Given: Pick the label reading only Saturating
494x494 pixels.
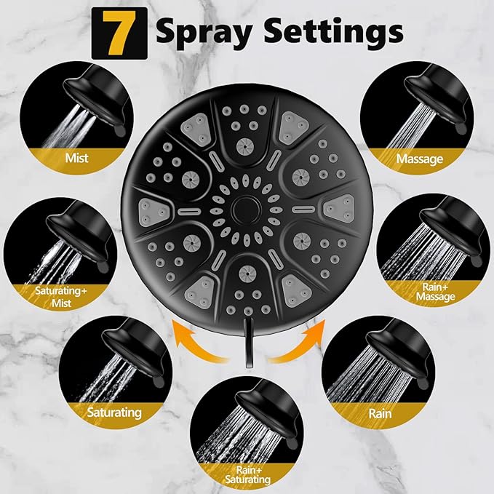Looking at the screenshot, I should tap(114, 413).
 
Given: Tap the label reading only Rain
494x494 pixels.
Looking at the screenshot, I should tap(379, 414).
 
